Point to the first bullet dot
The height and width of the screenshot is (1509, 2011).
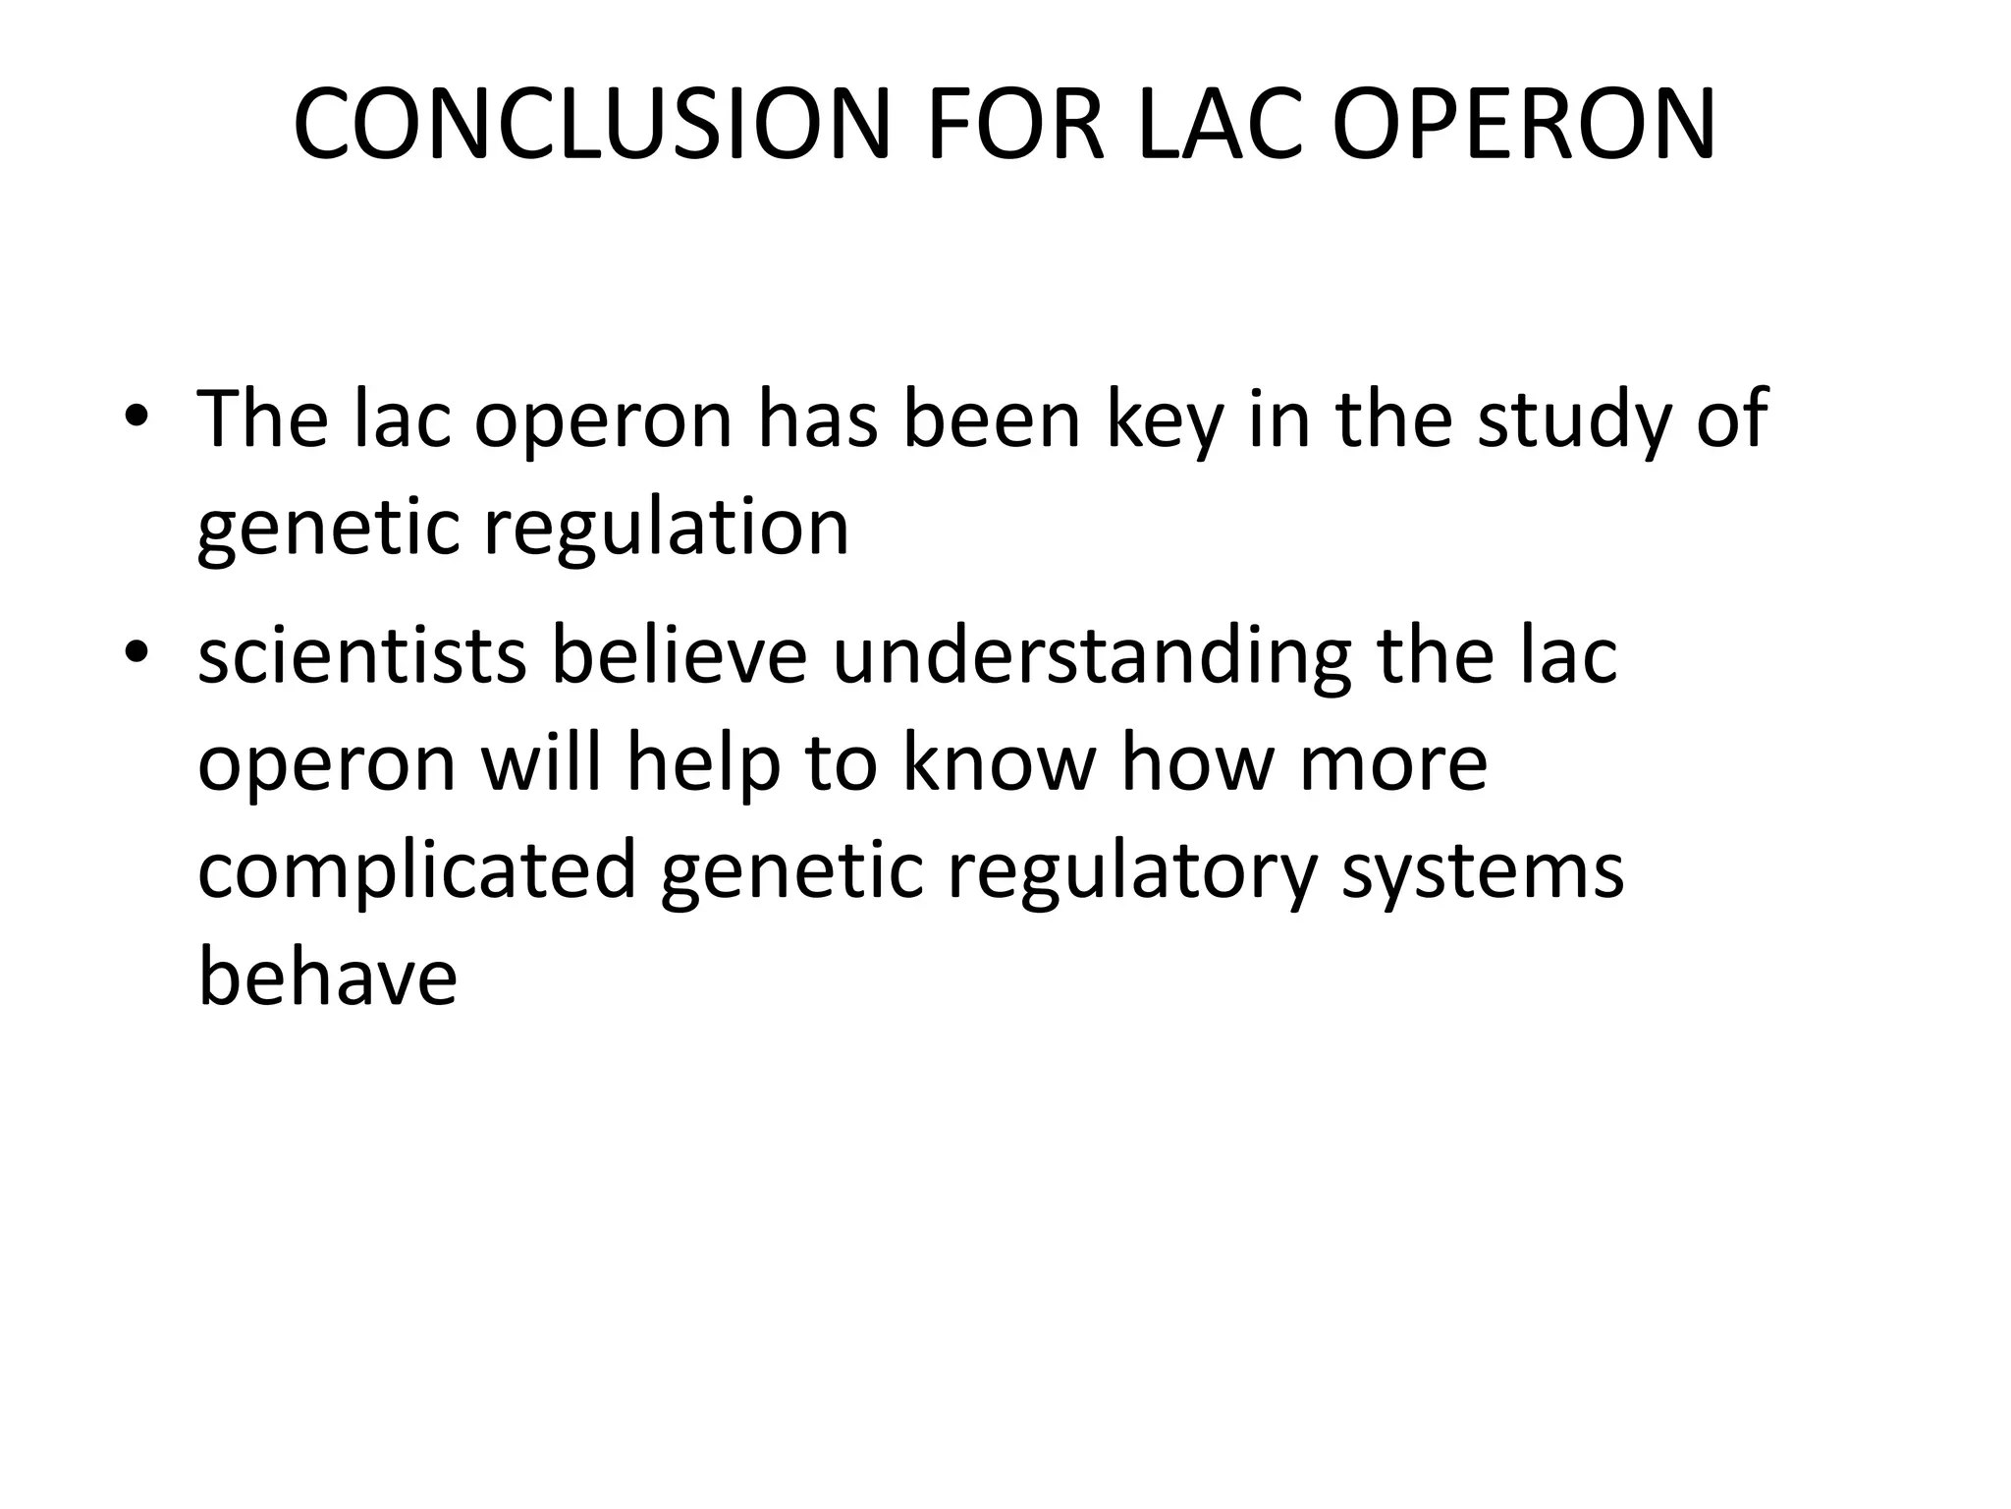tap(136, 420)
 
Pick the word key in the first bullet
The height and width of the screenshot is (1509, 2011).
tap(1166, 422)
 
